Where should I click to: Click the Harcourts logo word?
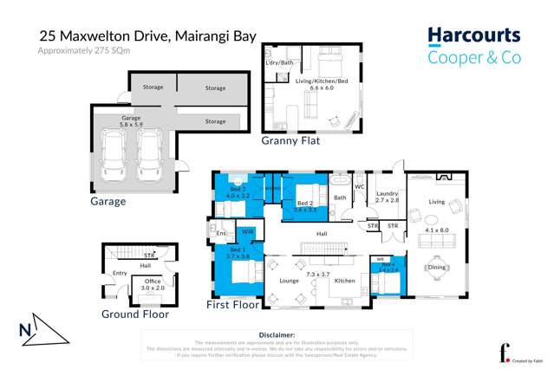click(474, 36)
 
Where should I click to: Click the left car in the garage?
click(114, 151)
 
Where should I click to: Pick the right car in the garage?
click(149, 151)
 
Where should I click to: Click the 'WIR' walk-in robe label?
click(247, 232)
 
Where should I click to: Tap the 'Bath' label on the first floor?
click(340, 198)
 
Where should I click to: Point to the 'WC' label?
click(359, 186)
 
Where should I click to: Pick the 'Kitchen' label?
click(345, 282)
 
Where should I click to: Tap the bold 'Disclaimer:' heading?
click(277, 333)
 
